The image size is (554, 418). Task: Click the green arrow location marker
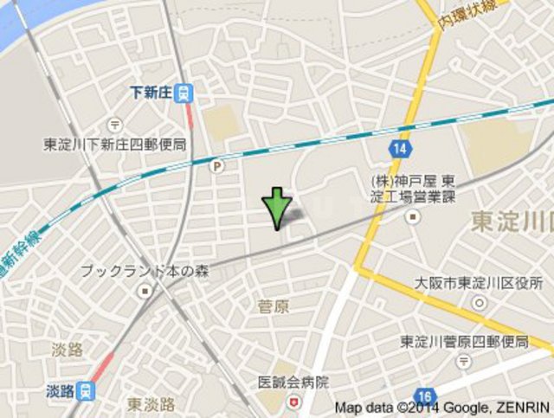pos(276,208)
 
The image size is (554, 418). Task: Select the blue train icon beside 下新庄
pos(184,92)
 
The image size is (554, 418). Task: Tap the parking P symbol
pos(218,165)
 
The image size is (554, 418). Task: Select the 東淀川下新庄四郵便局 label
pos(115,144)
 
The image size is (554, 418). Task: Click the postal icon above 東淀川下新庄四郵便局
pos(115,126)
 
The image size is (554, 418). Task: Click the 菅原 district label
pos(273,305)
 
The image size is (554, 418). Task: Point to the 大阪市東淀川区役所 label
pos(479,283)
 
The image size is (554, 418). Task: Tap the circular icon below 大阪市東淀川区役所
pos(479,302)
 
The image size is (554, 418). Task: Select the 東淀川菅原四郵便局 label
pos(464,342)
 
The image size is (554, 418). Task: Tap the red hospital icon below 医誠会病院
pos(293,401)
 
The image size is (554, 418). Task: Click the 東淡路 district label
pos(151,404)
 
